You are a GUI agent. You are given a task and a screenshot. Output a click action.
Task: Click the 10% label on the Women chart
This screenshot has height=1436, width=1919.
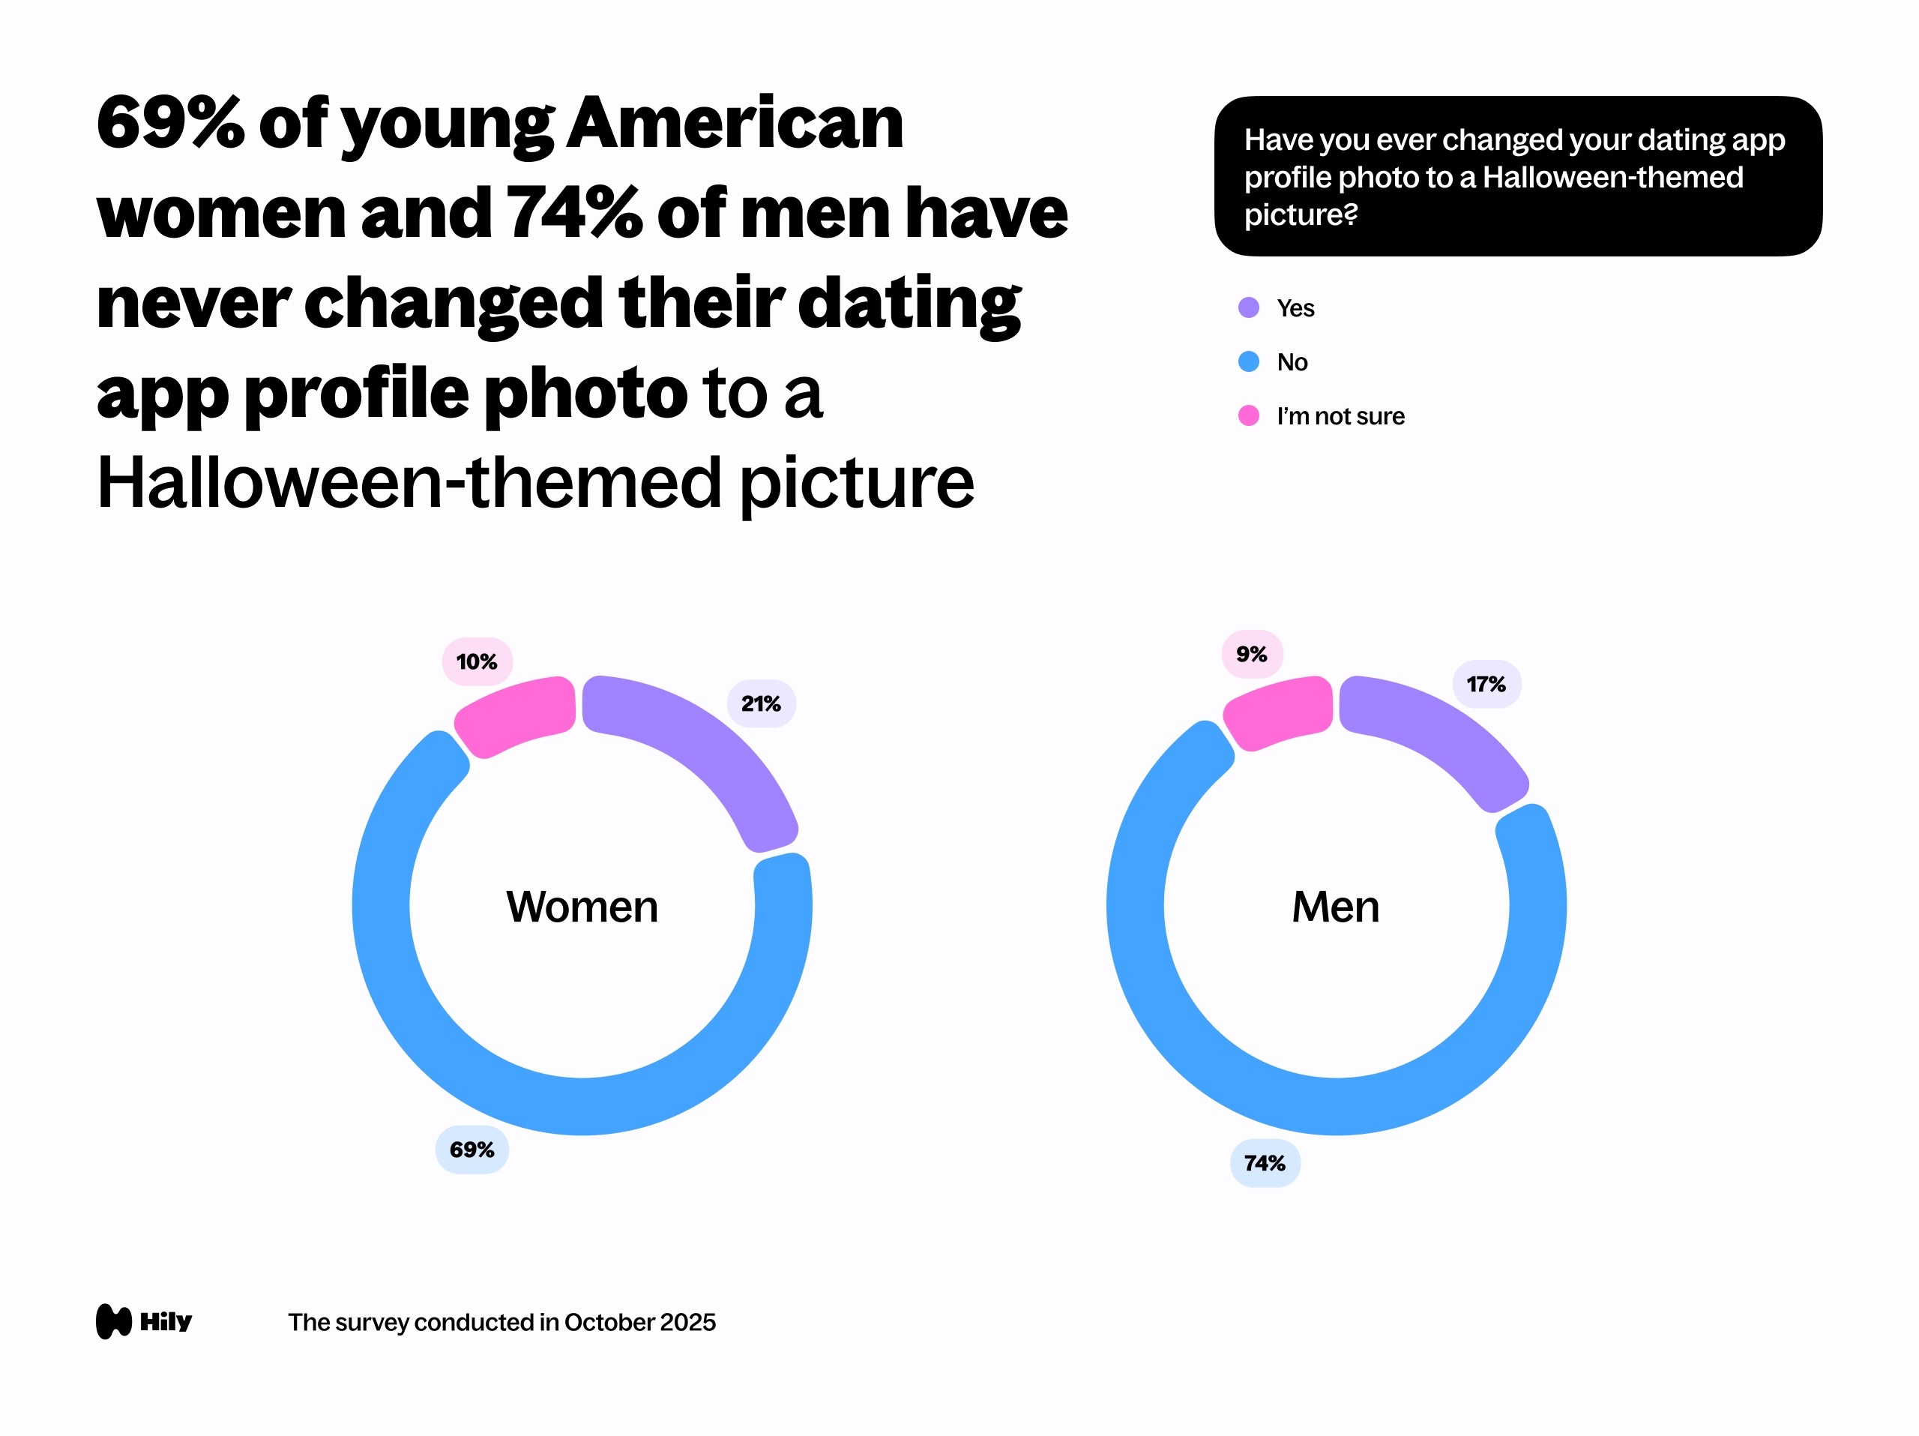[x=478, y=662]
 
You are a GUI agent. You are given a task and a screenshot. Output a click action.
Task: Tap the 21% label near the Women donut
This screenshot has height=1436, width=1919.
[x=761, y=703]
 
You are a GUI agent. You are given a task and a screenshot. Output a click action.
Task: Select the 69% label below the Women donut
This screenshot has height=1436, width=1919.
[x=472, y=1150]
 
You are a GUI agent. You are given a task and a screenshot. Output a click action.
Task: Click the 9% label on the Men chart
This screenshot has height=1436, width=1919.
[x=1252, y=654]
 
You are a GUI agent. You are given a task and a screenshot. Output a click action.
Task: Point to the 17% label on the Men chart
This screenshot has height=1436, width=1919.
[x=1486, y=685]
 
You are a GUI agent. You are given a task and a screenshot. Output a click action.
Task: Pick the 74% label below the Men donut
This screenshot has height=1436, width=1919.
[x=1265, y=1164]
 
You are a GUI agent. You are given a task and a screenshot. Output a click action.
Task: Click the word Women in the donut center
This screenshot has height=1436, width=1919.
[x=582, y=907]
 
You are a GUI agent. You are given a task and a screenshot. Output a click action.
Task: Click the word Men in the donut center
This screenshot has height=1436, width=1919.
[x=1335, y=907]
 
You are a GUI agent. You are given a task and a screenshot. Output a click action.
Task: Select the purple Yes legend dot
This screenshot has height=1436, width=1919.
[x=1248, y=308]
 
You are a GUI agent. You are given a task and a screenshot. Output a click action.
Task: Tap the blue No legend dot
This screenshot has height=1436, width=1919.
[x=1248, y=362]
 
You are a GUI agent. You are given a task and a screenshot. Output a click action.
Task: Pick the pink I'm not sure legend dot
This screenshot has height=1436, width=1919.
[x=1248, y=415]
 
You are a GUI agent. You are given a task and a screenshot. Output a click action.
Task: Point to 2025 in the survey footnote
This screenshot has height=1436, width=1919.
[x=687, y=1322]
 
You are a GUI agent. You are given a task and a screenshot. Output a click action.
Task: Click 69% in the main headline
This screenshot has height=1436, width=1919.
[x=170, y=123]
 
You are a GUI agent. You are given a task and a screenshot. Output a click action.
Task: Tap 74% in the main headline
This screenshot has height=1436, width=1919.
[x=575, y=214]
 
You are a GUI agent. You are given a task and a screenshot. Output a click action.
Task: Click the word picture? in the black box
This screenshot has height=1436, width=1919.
[x=1300, y=214]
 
